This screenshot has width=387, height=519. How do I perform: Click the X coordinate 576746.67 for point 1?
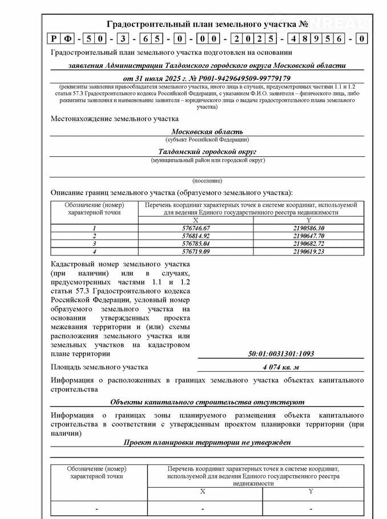tap(195, 228)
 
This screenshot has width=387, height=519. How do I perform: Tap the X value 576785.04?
tap(195, 242)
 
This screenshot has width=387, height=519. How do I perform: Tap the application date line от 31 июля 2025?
tap(207, 78)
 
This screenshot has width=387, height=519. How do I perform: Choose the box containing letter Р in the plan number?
tap(54, 39)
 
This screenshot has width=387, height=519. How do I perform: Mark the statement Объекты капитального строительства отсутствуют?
tap(207, 402)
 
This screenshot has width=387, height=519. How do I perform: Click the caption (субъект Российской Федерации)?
tap(207, 140)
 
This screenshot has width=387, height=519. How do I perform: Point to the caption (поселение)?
tap(207, 180)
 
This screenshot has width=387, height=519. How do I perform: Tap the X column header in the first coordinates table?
tap(195, 220)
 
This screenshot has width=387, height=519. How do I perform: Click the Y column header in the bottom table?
tap(311, 491)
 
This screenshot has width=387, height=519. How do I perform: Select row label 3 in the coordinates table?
tap(94, 242)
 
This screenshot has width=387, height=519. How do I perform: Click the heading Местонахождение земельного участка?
tap(115, 119)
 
